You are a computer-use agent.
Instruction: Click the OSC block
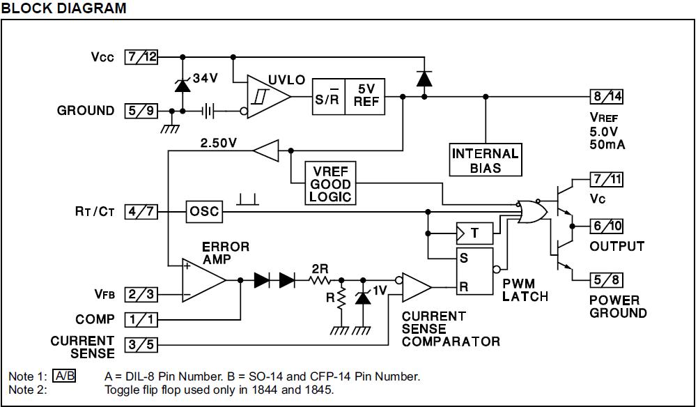(x=204, y=211)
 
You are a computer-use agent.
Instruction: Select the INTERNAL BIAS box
(x=486, y=160)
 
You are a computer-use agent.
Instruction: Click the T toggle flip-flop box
(x=474, y=233)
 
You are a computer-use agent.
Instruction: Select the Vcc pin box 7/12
(x=141, y=57)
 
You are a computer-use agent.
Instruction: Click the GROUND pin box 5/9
(x=141, y=111)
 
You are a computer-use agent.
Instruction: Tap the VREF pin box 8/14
(x=605, y=97)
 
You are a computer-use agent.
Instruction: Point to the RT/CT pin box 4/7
(x=141, y=211)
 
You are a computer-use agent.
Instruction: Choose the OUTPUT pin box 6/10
(x=605, y=226)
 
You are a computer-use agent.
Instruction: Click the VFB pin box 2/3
(x=141, y=294)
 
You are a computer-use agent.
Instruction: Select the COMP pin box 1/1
(x=141, y=319)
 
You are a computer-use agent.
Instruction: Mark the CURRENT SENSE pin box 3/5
(x=141, y=344)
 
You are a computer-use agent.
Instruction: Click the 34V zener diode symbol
(x=182, y=85)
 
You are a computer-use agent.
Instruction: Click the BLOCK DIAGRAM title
(x=64, y=8)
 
